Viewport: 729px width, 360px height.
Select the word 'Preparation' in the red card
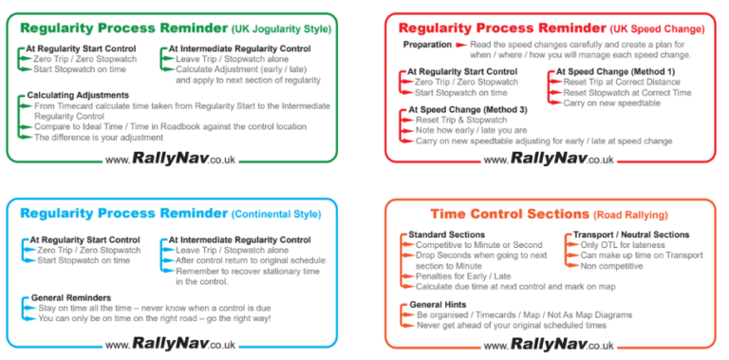427,45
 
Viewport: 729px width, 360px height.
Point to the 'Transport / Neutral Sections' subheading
631,235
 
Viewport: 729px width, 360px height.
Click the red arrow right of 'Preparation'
461,45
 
